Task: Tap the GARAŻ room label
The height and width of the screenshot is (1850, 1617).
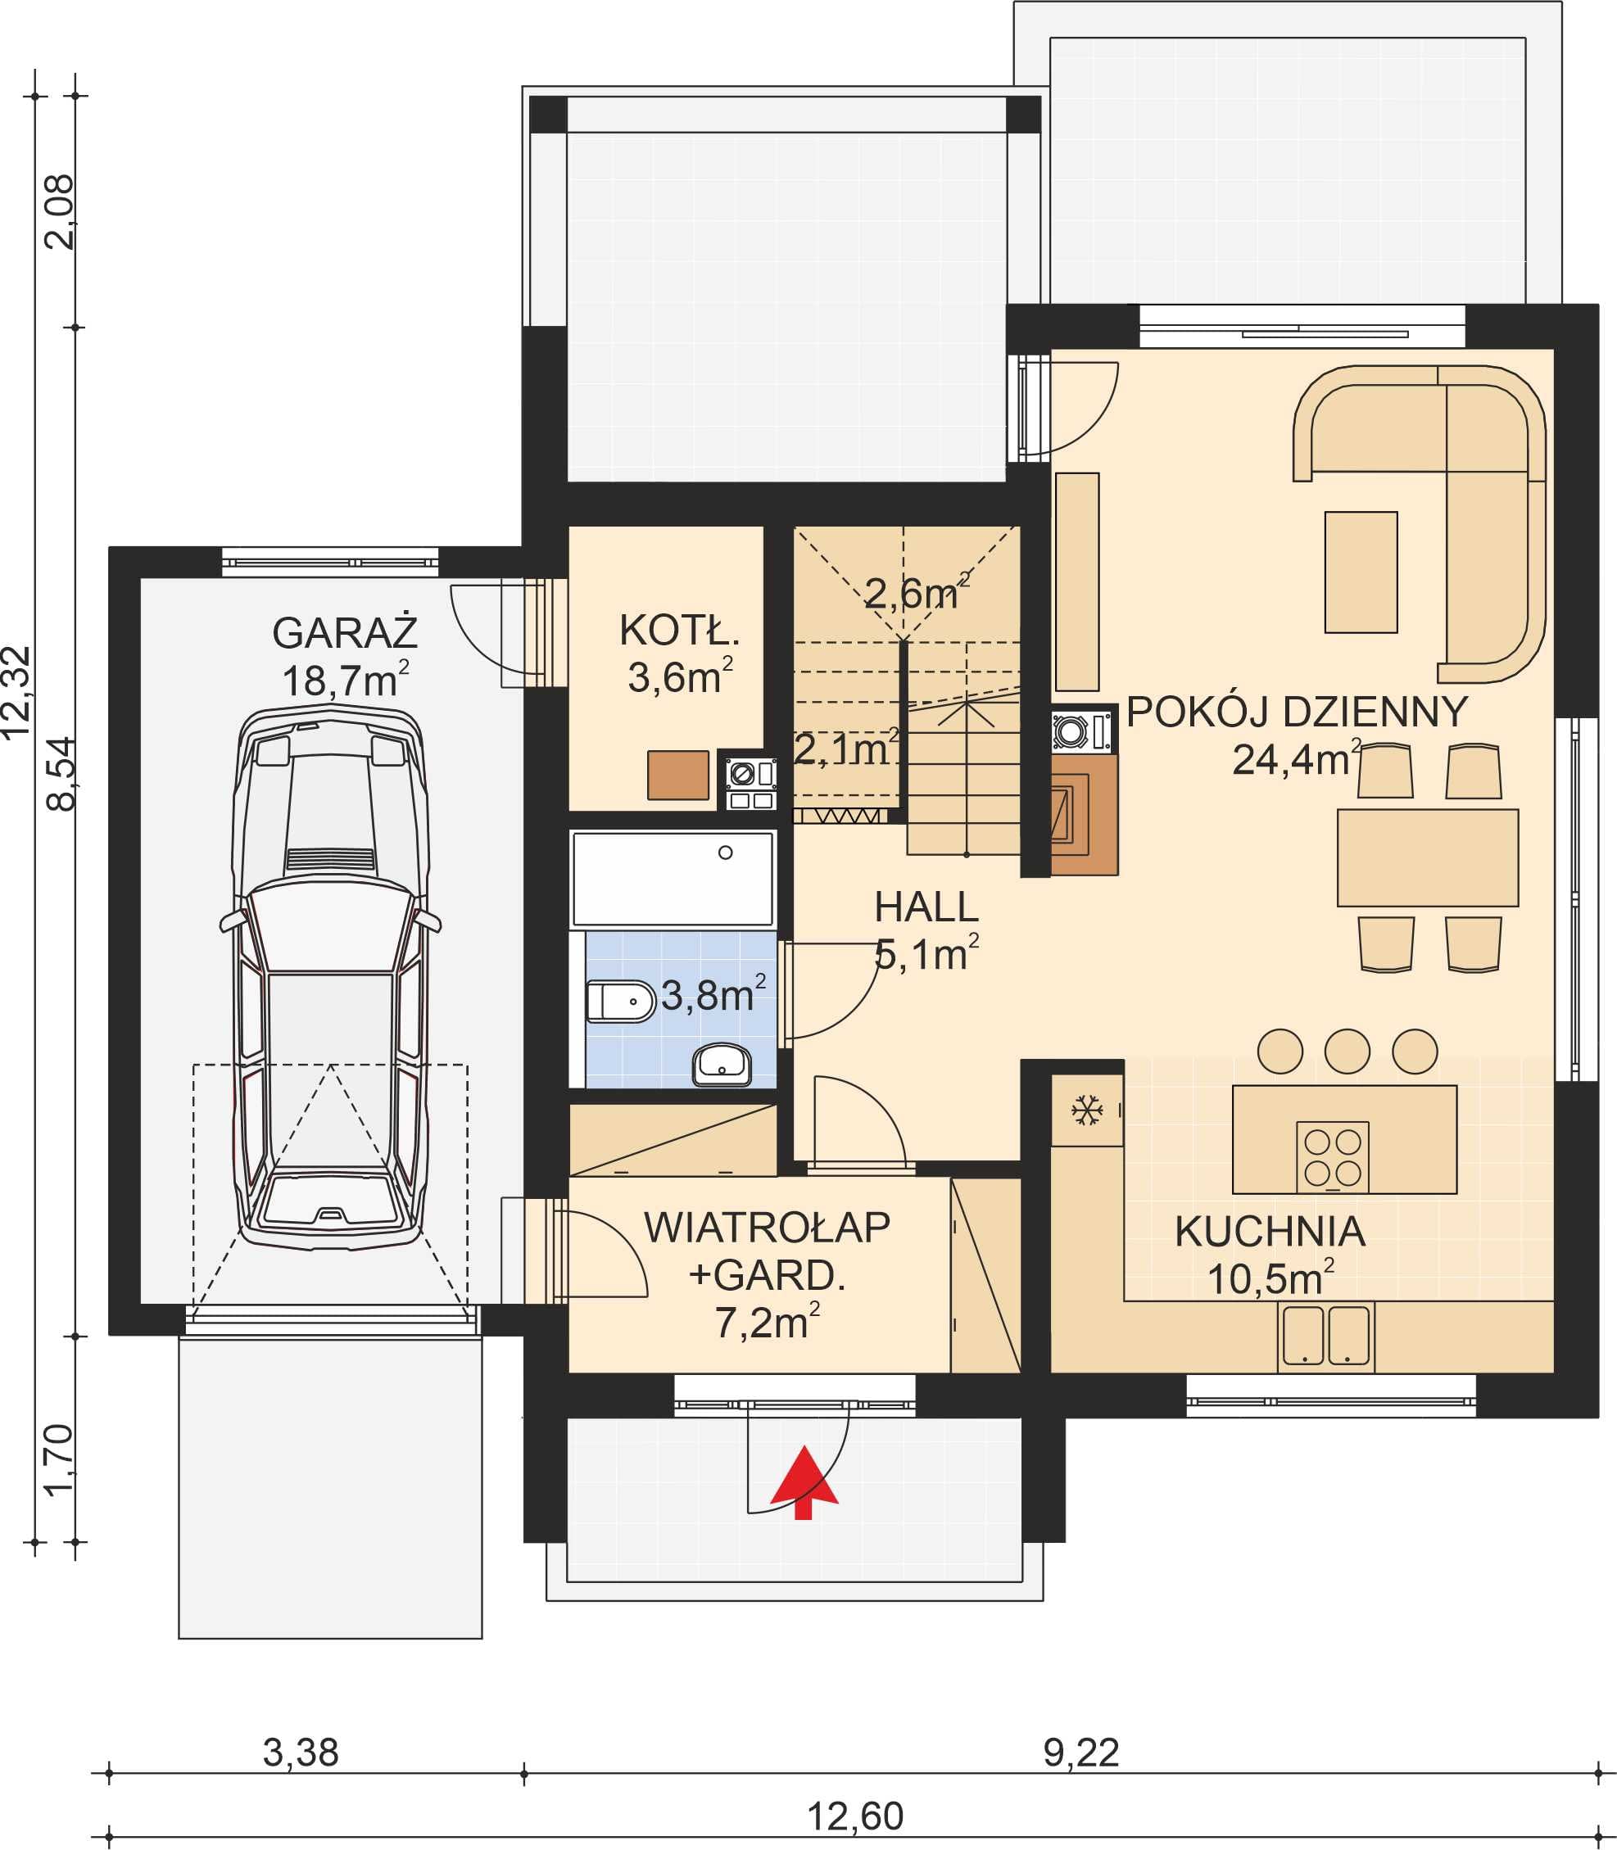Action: point(346,633)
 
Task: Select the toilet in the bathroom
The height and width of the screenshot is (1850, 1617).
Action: point(621,1002)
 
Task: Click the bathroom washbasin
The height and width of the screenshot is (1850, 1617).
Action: point(721,1065)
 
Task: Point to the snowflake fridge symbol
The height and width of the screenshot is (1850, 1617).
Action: point(1086,1110)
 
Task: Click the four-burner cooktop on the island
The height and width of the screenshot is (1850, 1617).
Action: point(1332,1157)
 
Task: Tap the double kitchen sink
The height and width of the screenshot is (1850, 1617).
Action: point(1325,1336)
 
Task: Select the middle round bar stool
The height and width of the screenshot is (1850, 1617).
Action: point(1347,1051)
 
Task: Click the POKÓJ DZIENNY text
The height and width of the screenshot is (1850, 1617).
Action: point(1297,712)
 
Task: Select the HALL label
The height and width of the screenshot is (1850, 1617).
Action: point(926,907)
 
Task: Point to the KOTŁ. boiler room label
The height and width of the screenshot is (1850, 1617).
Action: point(679,631)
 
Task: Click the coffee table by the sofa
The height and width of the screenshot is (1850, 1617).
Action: point(1361,572)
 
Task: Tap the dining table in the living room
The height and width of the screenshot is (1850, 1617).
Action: point(1428,857)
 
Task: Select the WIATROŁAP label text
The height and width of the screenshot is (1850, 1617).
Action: point(767,1228)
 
